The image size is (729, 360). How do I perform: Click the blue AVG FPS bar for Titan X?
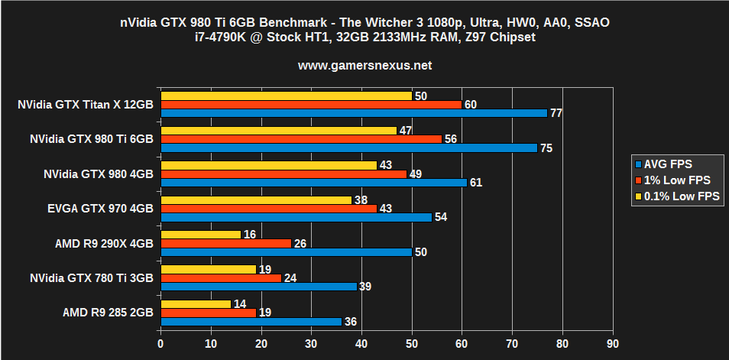pyautogui.click(x=353, y=113)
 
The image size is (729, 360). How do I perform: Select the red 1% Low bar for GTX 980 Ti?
pyautogui.click(x=301, y=139)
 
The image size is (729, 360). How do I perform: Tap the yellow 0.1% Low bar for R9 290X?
pyautogui.click(x=200, y=235)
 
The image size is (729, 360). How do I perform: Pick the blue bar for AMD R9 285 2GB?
pyautogui.click(x=251, y=322)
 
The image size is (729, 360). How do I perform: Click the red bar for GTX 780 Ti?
pyautogui.click(x=221, y=278)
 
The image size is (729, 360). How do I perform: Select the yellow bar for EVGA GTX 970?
pyautogui.click(x=256, y=200)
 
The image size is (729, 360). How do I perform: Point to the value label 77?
pyautogui.click(x=556, y=113)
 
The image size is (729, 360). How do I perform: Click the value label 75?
pyautogui.click(x=546, y=148)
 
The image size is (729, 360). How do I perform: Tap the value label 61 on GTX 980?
pyautogui.click(x=476, y=183)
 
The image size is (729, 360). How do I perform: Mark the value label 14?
pyautogui.click(x=239, y=304)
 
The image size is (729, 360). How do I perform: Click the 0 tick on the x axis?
pyautogui.click(x=160, y=345)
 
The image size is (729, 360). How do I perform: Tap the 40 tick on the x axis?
pyautogui.click(x=361, y=345)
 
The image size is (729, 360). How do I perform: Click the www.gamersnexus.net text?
pyautogui.click(x=364, y=66)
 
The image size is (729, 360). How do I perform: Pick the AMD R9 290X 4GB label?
pyautogui.click(x=104, y=244)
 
